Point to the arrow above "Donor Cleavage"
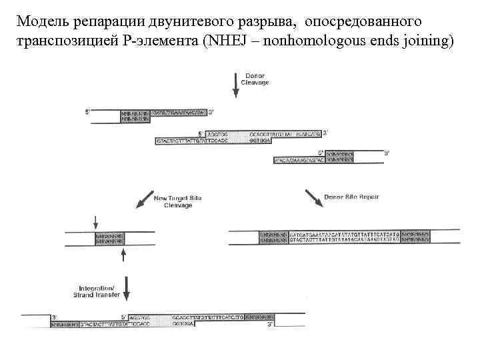[x=235, y=83]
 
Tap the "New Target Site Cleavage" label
[x=173, y=201]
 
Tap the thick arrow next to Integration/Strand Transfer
[x=127, y=288]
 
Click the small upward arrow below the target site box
[x=123, y=255]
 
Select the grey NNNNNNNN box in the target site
[x=109, y=238]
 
